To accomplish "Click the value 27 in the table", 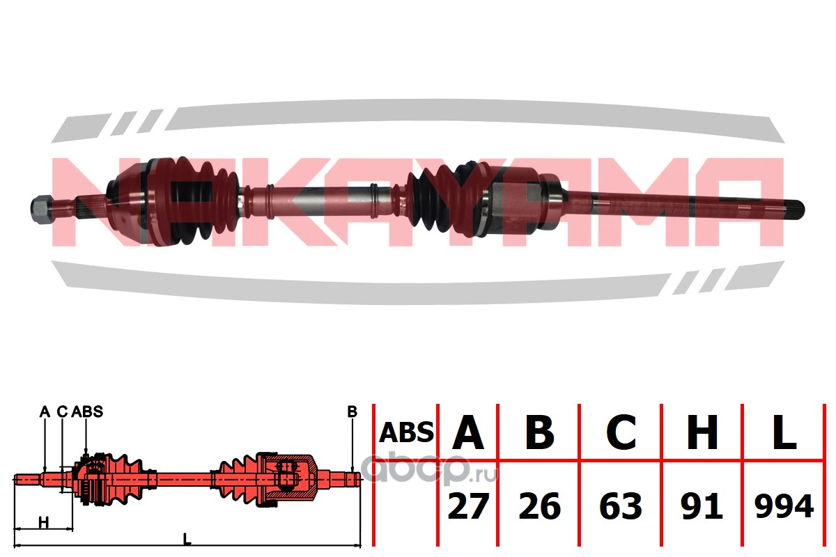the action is point(468,505).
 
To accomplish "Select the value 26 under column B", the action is point(540,505).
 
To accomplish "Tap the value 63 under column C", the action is point(621,505).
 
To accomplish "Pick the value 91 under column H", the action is point(702,505).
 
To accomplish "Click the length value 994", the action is point(784,505).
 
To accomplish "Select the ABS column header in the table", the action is point(406,433).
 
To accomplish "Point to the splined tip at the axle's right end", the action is point(794,210).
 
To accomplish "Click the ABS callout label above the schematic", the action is point(87,411).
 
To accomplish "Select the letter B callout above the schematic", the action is point(352,411).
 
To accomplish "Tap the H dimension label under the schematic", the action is point(44,523).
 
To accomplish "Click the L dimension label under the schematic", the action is point(187,539).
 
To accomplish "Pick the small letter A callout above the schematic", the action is point(45,411).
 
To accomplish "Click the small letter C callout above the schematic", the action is point(62,411).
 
